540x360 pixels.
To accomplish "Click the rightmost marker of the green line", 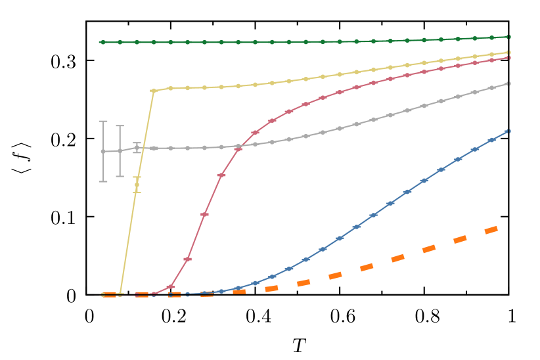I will click(x=508, y=37).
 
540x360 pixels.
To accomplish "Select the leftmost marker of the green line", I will click(x=102, y=42).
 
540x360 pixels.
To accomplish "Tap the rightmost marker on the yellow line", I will click(x=508, y=52).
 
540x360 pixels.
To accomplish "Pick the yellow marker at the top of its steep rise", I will click(x=153, y=91).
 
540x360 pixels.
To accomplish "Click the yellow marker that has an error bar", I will click(x=137, y=185).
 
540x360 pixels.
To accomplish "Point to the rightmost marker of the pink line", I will click(x=508, y=58).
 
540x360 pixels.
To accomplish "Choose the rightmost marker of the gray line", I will click(x=508, y=83).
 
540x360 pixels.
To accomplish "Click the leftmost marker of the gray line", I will click(x=102, y=151).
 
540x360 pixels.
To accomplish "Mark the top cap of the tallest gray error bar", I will click(x=102, y=121).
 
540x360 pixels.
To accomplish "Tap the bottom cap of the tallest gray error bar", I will click(x=102, y=181).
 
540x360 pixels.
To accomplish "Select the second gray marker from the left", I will click(x=120, y=150).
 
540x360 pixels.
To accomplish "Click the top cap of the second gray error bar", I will click(x=120, y=125).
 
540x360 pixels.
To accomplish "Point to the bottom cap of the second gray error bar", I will click(x=120, y=176).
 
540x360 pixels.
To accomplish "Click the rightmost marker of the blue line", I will click(x=508, y=131).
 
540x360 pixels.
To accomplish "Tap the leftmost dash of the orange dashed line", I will click(x=109, y=295).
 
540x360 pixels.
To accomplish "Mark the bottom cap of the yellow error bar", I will click(x=137, y=192).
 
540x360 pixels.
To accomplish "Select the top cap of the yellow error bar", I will click(x=137, y=177).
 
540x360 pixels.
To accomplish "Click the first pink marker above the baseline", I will click(x=170, y=287).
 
